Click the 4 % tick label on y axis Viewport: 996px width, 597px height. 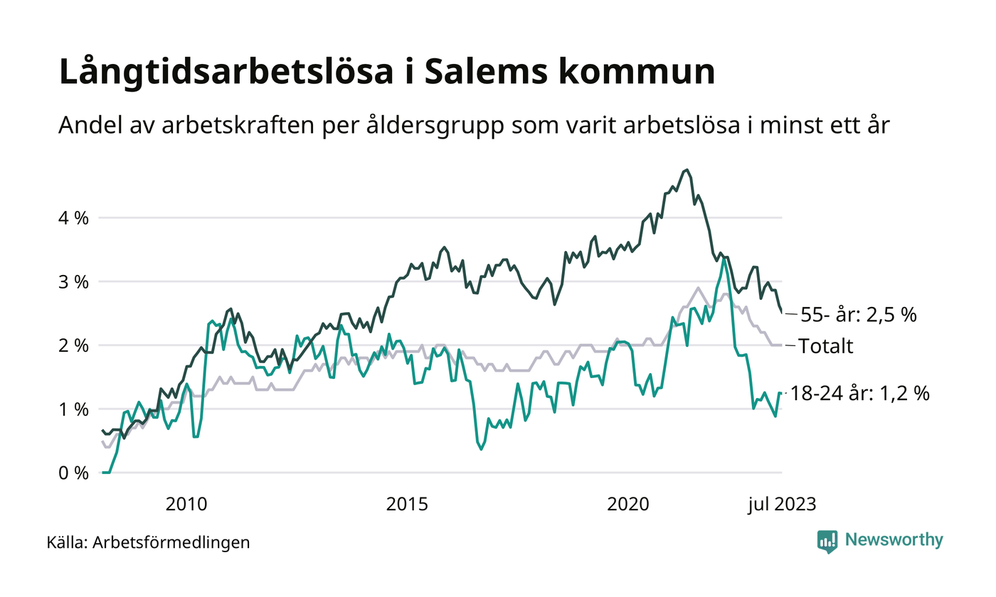pyautogui.click(x=73, y=218)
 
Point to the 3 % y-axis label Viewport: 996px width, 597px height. pyautogui.click(x=73, y=282)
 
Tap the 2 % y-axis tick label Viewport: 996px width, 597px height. pyautogui.click(x=73, y=346)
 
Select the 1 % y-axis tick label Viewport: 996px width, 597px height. pyautogui.click(x=73, y=410)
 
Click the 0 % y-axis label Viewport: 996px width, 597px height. pyautogui.click(x=73, y=473)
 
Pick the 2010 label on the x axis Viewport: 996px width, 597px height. pyautogui.click(x=186, y=505)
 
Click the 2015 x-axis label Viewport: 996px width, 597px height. pyautogui.click(x=407, y=505)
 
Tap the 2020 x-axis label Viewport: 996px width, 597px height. pyautogui.click(x=628, y=505)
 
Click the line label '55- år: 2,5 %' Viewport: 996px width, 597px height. pyautogui.click(x=858, y=315)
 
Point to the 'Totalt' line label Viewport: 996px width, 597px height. pyautogui.click(x=826, y=347)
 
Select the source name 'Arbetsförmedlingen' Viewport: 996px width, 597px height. pyautogui.click(x=171, y=543)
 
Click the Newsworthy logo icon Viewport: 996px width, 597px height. pyautogui.click(x=827, y=541)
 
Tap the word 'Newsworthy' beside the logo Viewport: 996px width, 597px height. pyautogui.click(x=894, y=540)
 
